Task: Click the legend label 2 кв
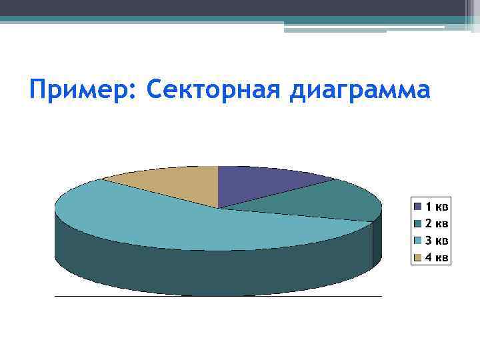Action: click(437, 223)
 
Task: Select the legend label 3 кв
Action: click(437, 240)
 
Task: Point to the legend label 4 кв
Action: click(437, 257)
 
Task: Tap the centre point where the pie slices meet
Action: click(219, 209)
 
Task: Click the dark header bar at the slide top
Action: click(233, 7)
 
